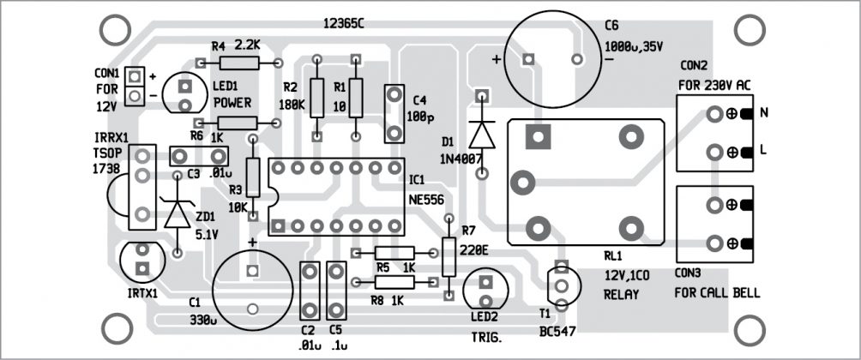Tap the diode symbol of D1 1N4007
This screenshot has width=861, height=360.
click(x=482, y=135)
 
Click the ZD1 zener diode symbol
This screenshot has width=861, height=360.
click(x=178, y=213)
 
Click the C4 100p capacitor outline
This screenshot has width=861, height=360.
click(x=394, y=113)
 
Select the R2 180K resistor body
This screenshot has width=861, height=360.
click(x=317, y=98)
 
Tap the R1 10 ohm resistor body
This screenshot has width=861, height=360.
click(x=355, y=96)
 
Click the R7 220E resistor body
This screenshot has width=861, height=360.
click(x=449, y=257)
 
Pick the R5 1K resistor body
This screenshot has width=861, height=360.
click(x=394, y=253)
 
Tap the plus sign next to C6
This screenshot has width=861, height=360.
click(x=497, y=60)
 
